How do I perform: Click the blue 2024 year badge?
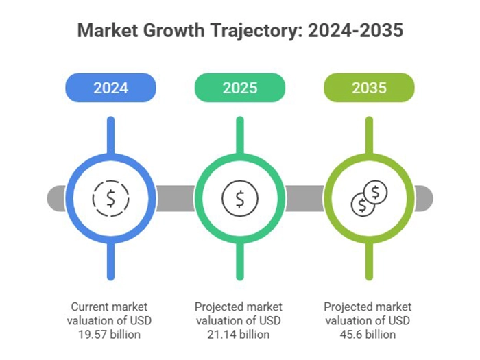click(x=110, y=88)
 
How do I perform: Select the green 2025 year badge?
click(x=239, y=88)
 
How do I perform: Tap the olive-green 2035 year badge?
click(x=369, y=88)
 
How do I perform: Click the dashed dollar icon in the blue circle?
click(x=110, y=198)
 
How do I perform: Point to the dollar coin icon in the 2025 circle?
click(x=239, y=198)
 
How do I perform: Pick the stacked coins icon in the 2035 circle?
click(x=368, y=197)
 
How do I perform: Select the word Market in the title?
click(x=109, y=31)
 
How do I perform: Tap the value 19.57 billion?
click(x=110, y=335)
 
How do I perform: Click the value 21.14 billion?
click(x=239, y=335)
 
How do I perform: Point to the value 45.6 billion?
click(x=369, y=335)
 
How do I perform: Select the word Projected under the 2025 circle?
click(x=219, y=307)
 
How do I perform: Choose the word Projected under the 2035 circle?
click(x=349, y=307)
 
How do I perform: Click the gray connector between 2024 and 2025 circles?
click(x=175, y=198)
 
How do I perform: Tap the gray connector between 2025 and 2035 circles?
click(x=304, y=198)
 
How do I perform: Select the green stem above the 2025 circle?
click(x=239, y=134)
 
